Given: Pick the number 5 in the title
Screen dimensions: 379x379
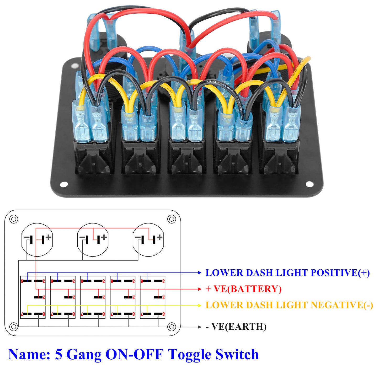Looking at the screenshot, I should [58, 355].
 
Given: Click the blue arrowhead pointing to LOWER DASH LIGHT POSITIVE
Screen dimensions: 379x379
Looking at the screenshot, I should [200, 273].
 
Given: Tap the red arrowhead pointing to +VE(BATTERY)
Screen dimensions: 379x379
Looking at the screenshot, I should [200, 289].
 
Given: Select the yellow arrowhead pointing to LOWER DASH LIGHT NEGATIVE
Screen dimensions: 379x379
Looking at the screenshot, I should [200, 306].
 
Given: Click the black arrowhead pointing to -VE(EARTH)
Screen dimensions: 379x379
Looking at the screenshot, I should [200, 327].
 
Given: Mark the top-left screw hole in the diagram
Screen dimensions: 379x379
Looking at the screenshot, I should [14, 219].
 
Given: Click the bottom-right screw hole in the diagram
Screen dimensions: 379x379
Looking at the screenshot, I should [172, 327].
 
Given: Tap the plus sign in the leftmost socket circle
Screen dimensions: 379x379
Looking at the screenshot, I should [48, 237].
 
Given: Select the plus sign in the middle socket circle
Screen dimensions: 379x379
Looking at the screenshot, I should [104, 237].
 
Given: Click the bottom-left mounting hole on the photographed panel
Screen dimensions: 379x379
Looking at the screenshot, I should [64, 184].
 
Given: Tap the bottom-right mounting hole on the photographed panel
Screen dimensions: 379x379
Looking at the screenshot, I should [309, 184].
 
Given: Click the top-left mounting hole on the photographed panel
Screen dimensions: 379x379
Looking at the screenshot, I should [74, 65].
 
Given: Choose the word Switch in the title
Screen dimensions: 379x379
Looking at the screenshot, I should [237, 355].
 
